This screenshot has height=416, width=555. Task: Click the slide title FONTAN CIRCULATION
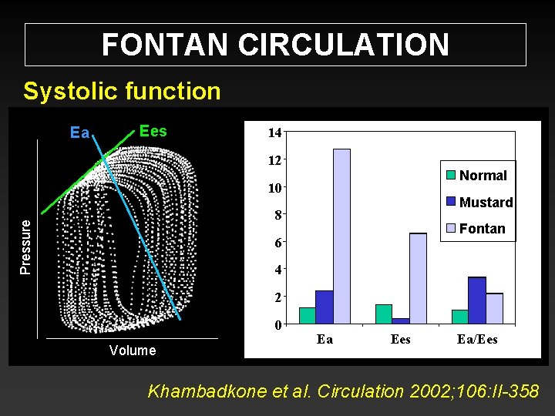coord(275,45)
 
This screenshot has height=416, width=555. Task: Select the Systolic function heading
coord(122,91)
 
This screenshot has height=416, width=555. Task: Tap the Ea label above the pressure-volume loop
coord(79,133)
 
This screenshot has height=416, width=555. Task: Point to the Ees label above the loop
coord(153,130)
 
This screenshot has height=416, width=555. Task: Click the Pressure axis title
coord(25,246)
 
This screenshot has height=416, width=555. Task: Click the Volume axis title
coord(133,351)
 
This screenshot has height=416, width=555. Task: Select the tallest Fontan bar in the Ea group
coord(341,236)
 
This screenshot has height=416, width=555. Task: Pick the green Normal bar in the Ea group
coord(308,315)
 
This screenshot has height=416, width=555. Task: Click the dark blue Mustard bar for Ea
coord(325,307)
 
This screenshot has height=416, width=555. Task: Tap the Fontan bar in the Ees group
coord(418,277)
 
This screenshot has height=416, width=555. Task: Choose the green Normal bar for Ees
coord(383,314)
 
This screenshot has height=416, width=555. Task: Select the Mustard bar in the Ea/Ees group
coord(477,300)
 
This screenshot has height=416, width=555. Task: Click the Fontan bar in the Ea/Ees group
coord(494,308)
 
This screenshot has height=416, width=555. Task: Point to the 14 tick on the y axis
coord(274,133)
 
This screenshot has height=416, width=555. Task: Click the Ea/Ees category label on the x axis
coord(477,339)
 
